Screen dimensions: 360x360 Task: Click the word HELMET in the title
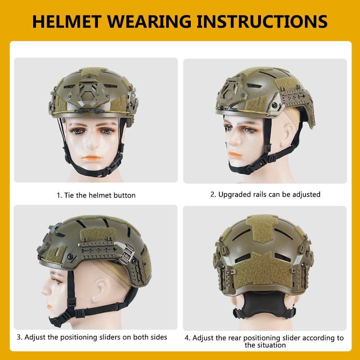67,22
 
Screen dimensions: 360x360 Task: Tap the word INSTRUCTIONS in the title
262,22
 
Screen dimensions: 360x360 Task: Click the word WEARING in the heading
149,22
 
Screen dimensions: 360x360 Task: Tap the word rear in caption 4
235,338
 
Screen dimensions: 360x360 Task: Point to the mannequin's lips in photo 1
92,158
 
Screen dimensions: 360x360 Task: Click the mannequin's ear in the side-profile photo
100,290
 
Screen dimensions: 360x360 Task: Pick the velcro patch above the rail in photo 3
98,234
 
